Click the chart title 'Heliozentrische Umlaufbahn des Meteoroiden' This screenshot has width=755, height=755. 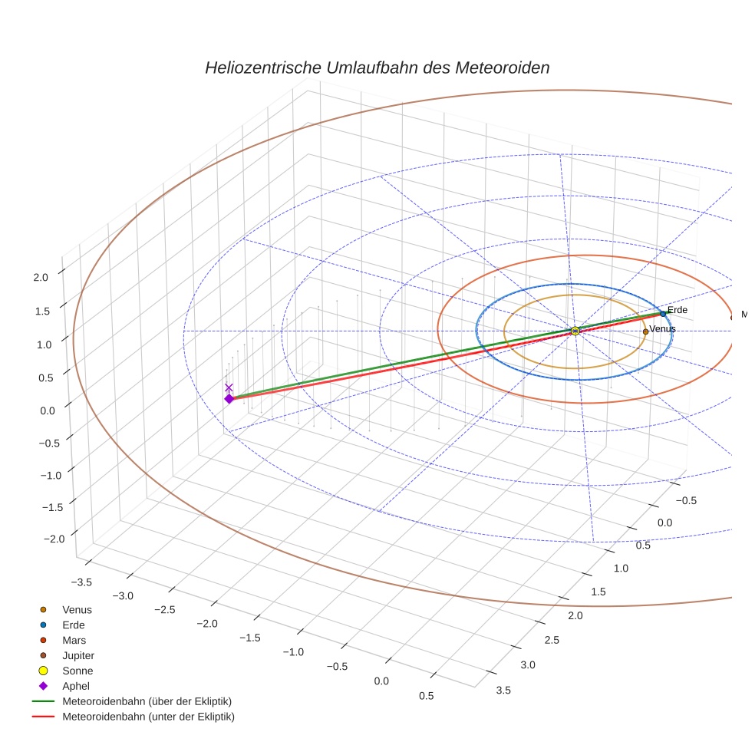(x=377, y=68)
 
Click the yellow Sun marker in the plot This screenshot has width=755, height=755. (x=575, y=331)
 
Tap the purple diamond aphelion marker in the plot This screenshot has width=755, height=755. (x=229, y=399)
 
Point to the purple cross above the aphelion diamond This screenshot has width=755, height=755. (x=229, y=387)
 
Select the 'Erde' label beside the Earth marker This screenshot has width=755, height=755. (x=677, y=310)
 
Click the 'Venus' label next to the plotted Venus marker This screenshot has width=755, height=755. (x=662, y=329)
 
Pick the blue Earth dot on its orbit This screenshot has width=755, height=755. (x=663, y=314)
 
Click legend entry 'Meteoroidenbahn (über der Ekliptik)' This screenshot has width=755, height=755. (x=147, y=701)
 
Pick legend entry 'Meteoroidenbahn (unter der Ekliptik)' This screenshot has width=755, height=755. (x=148, y=717)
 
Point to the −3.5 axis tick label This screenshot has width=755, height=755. (x=80, y=582)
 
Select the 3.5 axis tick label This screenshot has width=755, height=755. (x=504, y=690)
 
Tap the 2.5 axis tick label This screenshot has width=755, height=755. (x=551, y=640)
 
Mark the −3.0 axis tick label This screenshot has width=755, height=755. (x=123, y=596)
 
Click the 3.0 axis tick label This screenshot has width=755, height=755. (x=528, y=664)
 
